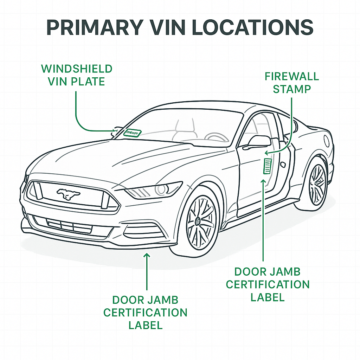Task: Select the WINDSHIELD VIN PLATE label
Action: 77,75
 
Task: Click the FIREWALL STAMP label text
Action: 291,82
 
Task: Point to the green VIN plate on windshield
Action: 133,133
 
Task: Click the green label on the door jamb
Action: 268,166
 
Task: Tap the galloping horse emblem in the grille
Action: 69,193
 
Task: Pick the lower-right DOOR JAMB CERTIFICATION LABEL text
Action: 268,284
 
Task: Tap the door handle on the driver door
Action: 282,164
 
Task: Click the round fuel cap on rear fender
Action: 327,141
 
